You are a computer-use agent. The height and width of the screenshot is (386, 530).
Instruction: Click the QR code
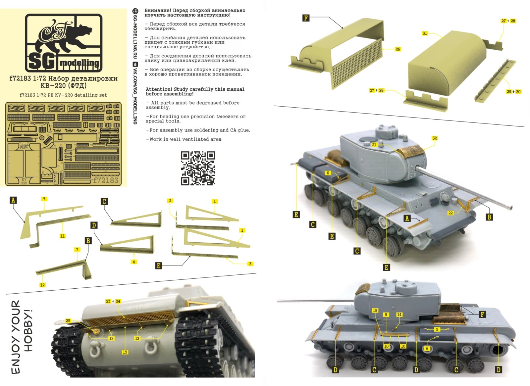198,168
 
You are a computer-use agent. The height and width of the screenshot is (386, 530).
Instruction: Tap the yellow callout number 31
425,33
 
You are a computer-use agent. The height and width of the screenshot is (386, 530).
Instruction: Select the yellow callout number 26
397,49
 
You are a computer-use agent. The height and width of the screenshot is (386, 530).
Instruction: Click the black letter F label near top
306,18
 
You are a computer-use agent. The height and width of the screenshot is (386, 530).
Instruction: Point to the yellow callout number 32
435,138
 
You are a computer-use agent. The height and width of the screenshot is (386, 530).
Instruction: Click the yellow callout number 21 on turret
374,145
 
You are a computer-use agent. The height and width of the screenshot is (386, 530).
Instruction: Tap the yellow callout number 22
450,213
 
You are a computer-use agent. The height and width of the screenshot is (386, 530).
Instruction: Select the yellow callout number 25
68,320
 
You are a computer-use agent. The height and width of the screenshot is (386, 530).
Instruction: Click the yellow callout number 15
125,352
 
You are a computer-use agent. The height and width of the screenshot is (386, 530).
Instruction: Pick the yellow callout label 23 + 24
113,301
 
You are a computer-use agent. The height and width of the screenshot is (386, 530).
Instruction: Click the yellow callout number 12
42,285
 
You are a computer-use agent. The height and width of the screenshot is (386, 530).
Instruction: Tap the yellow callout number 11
63,236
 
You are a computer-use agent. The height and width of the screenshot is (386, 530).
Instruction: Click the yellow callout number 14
399,314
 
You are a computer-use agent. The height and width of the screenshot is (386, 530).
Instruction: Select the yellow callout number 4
134,262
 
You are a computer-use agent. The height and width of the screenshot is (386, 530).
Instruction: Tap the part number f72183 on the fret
106,180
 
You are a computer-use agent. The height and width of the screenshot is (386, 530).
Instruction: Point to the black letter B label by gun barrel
489,217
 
